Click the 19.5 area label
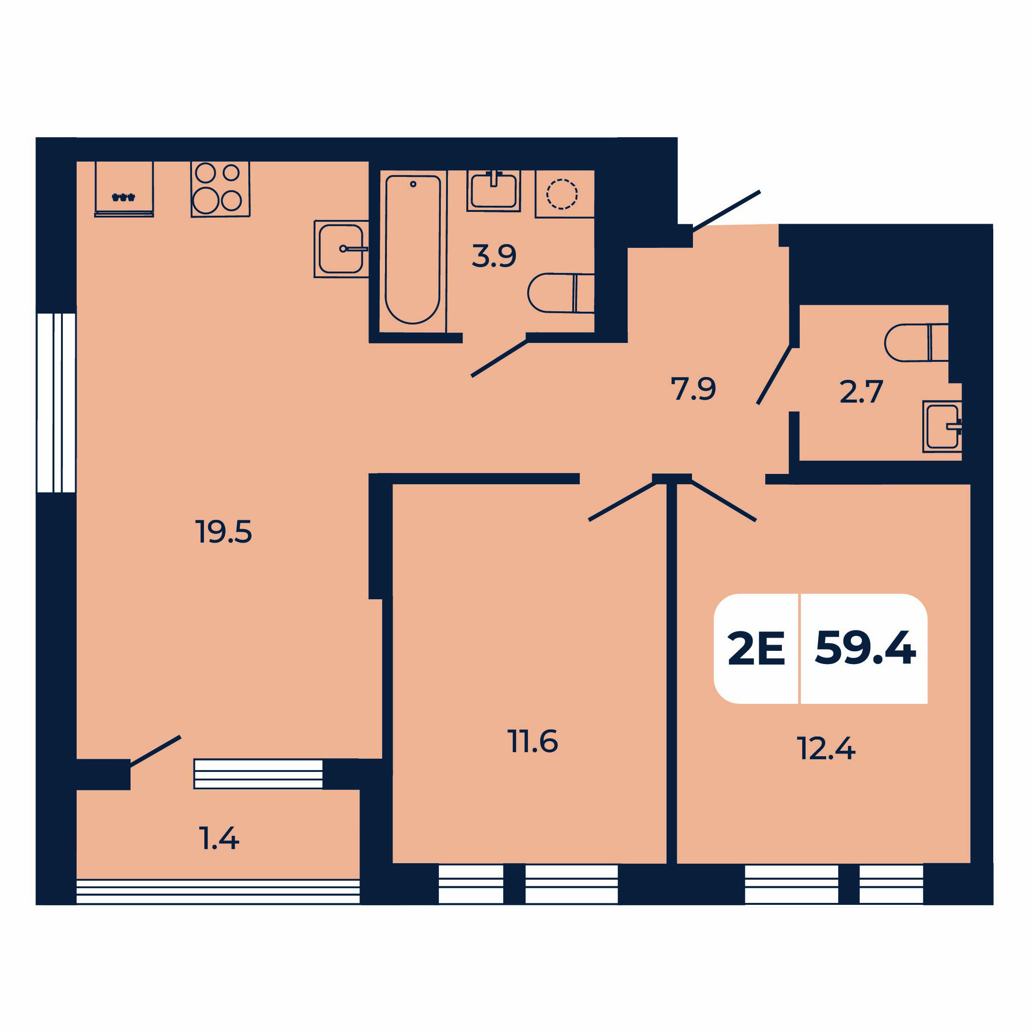[224, 532]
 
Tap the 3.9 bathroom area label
[494, 255]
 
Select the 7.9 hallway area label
[693, 389]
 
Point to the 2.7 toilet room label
[861, 392]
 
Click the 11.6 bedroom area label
[533, 741]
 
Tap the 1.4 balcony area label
[219, 838]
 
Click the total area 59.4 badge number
[866, 648]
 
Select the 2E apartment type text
[756, 648]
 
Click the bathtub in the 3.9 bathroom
[413, 250]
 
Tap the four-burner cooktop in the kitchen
[220, 189]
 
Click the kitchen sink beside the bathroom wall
[341, 249]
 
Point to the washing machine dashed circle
[562, 193]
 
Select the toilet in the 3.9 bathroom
[561, 293]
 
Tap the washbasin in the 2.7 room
[943, 426]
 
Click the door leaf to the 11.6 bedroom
[622, 501]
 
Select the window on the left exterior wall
[56, 403]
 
